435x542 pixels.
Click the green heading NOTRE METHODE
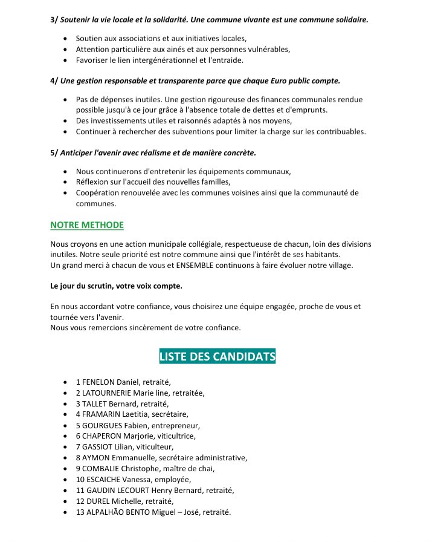87,225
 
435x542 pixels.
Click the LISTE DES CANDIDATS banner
217,356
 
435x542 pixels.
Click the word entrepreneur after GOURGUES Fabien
178,425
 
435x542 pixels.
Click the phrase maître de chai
188,468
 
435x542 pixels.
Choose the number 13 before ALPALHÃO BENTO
80,512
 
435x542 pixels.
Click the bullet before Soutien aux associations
65,39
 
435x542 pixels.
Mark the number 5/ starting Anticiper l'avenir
54,153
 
